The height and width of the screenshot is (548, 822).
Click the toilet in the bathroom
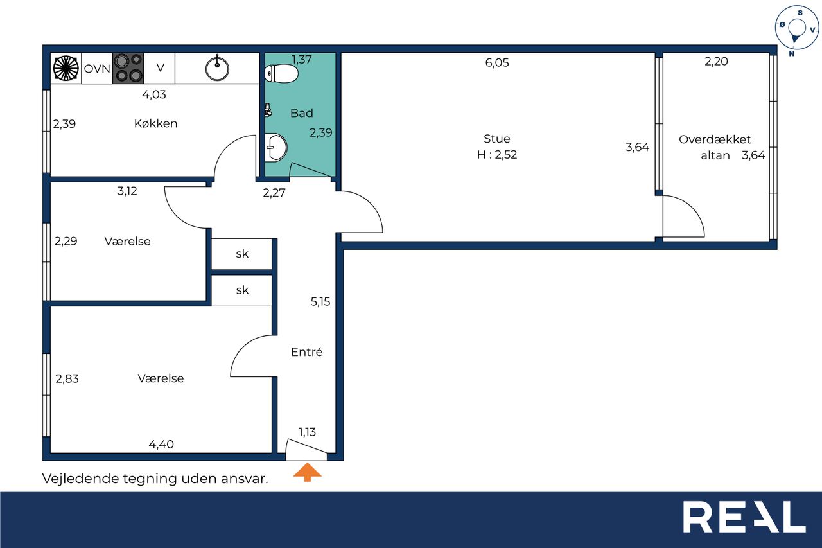tap(281, 73)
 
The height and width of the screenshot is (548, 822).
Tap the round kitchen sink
tap(217, 69)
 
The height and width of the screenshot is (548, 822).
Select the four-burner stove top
tap(128, 68)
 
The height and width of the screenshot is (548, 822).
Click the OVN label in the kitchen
tap(97, 69)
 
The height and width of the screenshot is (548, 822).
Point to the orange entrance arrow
tap(307, 472)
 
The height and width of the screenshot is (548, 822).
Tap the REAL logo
tap(744, 517)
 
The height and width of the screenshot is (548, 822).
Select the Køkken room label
tap(155, 123)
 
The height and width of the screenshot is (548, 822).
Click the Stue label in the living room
tap(497, 139)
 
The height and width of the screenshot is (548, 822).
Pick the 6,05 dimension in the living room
tap(497, 63)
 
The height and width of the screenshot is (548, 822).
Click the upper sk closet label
tap(242, 254)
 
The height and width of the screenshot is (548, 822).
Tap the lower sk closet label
tap(242, 290)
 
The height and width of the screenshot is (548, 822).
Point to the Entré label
tap(307, 352)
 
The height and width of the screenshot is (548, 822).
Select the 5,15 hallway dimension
tap(320, 302)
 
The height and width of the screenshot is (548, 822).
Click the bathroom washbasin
tap(275, 148)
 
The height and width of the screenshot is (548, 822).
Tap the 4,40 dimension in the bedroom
tap(161, 445)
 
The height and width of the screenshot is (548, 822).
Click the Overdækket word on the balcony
tap(715, 139)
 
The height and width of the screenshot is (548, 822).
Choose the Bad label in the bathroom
tap(302, 113)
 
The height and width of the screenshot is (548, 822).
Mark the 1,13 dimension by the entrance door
tap(307, 432)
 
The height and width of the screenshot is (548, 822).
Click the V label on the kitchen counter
tap(161, 67)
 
